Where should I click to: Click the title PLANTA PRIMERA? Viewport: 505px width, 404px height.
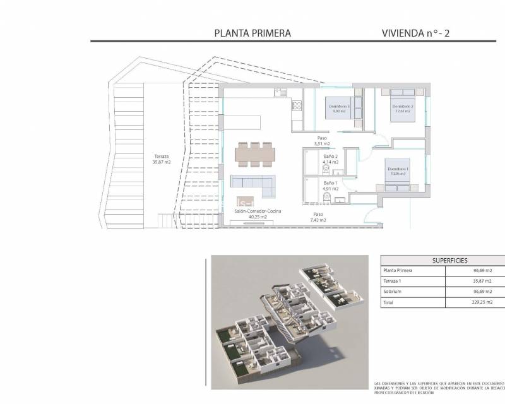[252, 33]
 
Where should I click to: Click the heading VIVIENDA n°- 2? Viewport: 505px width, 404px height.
[415, 33]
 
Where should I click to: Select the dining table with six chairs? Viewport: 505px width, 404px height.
[254, 153]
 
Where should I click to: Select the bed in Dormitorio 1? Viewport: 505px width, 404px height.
[398, 172]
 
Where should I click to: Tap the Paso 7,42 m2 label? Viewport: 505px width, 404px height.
[318, 218]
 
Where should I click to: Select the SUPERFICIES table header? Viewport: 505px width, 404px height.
[432, 260]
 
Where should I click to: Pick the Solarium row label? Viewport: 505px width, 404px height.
[393, 292]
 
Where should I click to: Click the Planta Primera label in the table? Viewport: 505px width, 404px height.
[398, 270]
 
